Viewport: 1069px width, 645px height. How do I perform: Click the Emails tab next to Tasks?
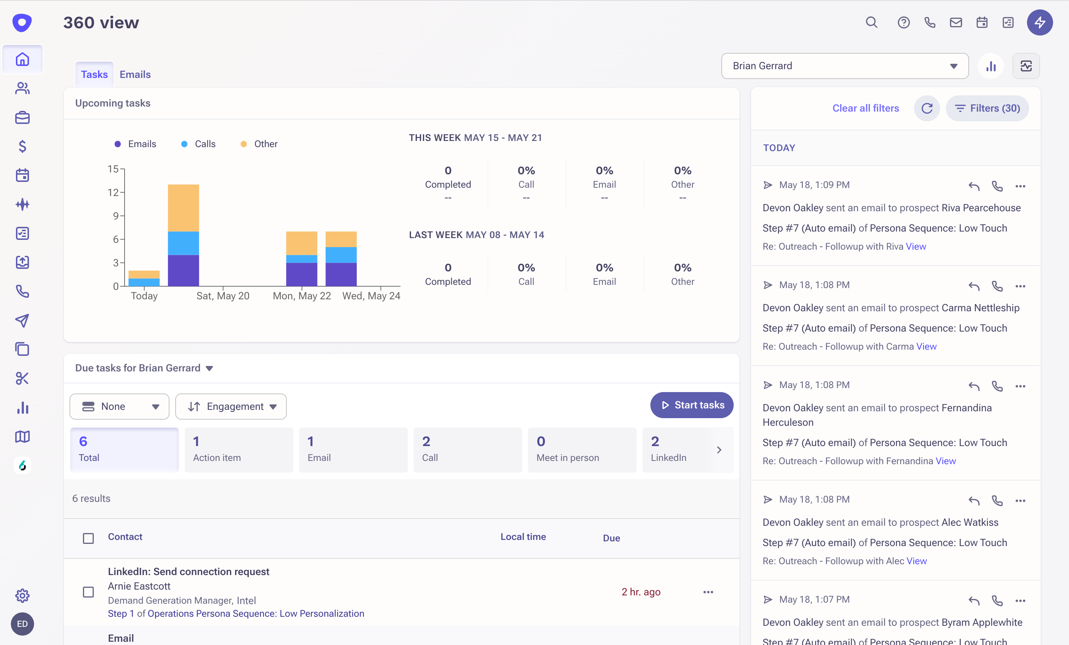(x=135, y=74)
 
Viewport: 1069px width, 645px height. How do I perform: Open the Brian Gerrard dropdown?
(x=844, y=66)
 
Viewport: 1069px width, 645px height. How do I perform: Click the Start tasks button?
(x=692, y=405)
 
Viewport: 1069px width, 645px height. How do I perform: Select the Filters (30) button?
(x=987, y=108)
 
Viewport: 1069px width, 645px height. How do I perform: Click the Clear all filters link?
(x=865, y=108)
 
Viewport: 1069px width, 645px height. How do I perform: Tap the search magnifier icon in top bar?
(x=871, y=22)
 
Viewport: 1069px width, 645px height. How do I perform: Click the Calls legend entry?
(x=204, y=144)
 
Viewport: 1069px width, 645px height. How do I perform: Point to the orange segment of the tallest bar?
(x=183, y=208)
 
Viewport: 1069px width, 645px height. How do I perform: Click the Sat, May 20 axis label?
(x=223, y=296)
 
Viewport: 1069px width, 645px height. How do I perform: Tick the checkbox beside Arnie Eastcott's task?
(x=88, y=592)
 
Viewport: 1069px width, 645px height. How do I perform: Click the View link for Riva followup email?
(x=915, y=246)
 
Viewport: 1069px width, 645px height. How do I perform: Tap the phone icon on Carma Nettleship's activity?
(x=997, y=286)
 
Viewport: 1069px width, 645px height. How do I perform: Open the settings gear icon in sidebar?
(x=22, y=595)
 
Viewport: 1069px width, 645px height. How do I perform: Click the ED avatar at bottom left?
(x=22, y=624)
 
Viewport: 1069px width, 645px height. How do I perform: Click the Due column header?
(x=611, y=538)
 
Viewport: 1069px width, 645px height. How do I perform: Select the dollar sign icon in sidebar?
(x=22, y=147)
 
